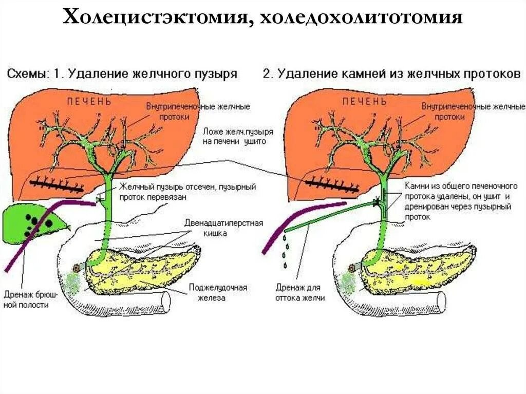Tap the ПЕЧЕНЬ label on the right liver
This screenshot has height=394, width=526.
[x=365, y=101]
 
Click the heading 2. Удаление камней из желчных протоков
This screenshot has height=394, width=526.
[x=391, y=73]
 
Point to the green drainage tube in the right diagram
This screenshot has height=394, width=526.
[x=329, y=216]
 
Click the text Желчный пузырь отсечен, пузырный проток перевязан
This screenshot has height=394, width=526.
[x=187, y=192]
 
